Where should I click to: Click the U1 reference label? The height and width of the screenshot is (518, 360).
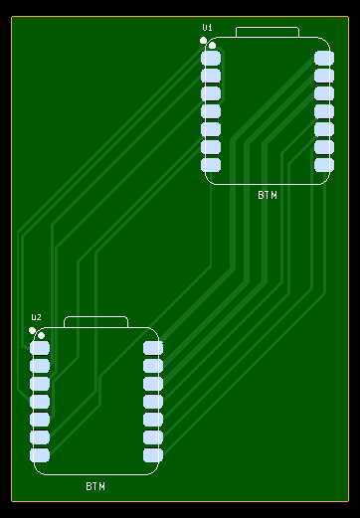[207, 28]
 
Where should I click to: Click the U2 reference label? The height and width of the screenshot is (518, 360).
[37, 317]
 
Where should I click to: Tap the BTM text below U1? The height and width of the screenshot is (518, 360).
[268, 195]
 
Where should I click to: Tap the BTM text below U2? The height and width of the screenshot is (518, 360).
[95, 486]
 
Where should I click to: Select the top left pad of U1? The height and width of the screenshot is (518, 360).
[211, 58]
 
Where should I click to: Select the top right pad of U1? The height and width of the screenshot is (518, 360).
[324, 58]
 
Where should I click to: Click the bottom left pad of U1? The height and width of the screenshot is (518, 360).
[211, 165]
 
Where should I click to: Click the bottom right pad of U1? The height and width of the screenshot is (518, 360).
[324, 165]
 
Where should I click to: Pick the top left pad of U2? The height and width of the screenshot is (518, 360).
[40, 348]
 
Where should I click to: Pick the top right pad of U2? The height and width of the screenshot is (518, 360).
[153, 348]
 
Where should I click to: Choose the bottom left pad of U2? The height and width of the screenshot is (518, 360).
[40, 455]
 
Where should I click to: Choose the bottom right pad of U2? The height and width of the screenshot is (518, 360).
[153, 455]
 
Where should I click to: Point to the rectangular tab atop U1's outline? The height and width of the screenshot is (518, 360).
[268, 28]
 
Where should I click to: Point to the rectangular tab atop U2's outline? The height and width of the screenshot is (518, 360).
[95, 317]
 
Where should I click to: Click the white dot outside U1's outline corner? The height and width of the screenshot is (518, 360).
[203, 41]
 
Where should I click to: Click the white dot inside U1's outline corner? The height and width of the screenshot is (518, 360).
[212, 46]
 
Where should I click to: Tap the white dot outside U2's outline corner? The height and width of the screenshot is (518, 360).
[32, 330]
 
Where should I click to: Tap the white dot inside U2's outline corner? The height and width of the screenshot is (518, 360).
[41, 335]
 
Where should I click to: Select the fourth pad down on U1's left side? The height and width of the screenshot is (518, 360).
[211, 111]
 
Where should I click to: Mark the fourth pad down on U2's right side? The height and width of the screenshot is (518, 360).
[153, 402]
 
